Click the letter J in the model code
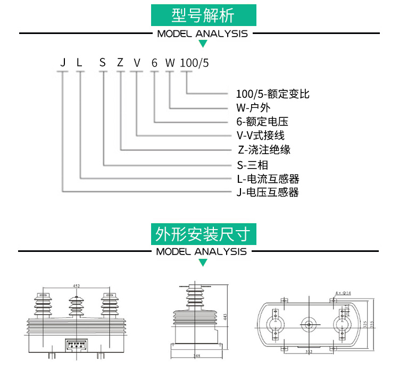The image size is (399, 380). tap(63, 63)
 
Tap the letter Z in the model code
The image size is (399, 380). tap(120, 63)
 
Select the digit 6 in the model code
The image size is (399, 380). tap(154, 63)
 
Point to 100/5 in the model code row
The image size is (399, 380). tap(195, 63)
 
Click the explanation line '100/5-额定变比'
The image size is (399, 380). tap(272, 94)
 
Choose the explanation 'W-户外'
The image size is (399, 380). tap(254, 108)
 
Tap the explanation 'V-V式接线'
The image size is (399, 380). tap(260, 136)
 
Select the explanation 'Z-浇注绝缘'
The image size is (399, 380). tap(264, 149)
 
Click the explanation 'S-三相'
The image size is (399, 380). tap(253, 164)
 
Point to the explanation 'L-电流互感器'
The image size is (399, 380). tap(268, 178)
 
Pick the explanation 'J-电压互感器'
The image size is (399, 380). tap(268, 192)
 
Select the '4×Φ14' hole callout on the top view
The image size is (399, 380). tap(344, 293)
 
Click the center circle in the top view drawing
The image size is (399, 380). tap(308, 324)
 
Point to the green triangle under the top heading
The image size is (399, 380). tap(203, 44)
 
